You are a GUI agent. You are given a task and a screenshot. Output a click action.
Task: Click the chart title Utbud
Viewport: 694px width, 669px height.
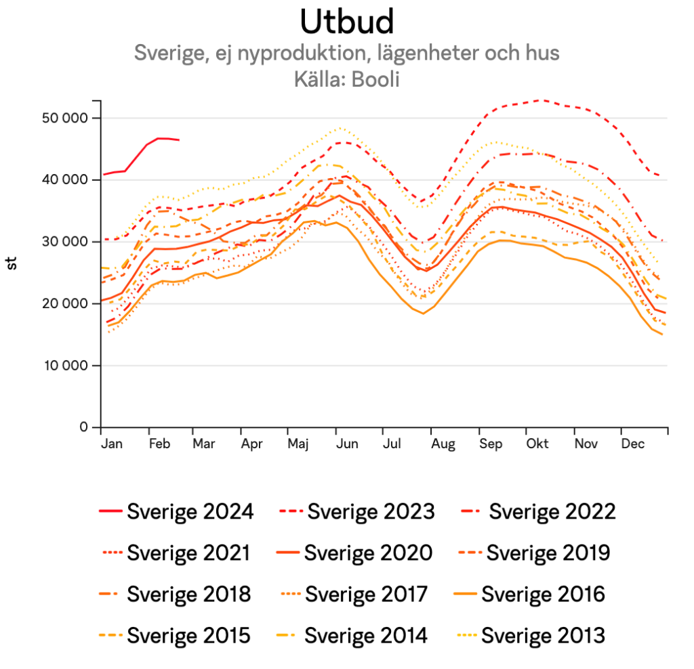(x=346, y=22)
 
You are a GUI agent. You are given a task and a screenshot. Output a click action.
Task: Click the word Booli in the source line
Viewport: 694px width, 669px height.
(x=375, y=79)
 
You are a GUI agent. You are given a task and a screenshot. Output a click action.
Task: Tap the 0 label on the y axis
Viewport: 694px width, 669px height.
(x=84, y=427)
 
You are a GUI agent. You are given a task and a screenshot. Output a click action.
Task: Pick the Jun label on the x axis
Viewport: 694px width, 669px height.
(x=347, y=444)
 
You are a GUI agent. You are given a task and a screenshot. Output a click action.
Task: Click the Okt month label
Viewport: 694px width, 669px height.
(x=537, y=444)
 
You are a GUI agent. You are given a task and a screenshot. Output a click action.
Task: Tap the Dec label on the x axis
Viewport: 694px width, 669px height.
(x=633, y=444)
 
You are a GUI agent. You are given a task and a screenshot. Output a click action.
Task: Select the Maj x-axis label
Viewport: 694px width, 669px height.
(x=298, y=444)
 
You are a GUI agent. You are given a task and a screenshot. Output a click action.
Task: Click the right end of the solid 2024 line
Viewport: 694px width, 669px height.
(x=179, y=140)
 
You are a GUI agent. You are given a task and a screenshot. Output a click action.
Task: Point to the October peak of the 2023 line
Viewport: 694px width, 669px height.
(x=540, y=100)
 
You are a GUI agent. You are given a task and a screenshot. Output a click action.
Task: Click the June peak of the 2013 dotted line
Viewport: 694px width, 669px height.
(x=341, y=127)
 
